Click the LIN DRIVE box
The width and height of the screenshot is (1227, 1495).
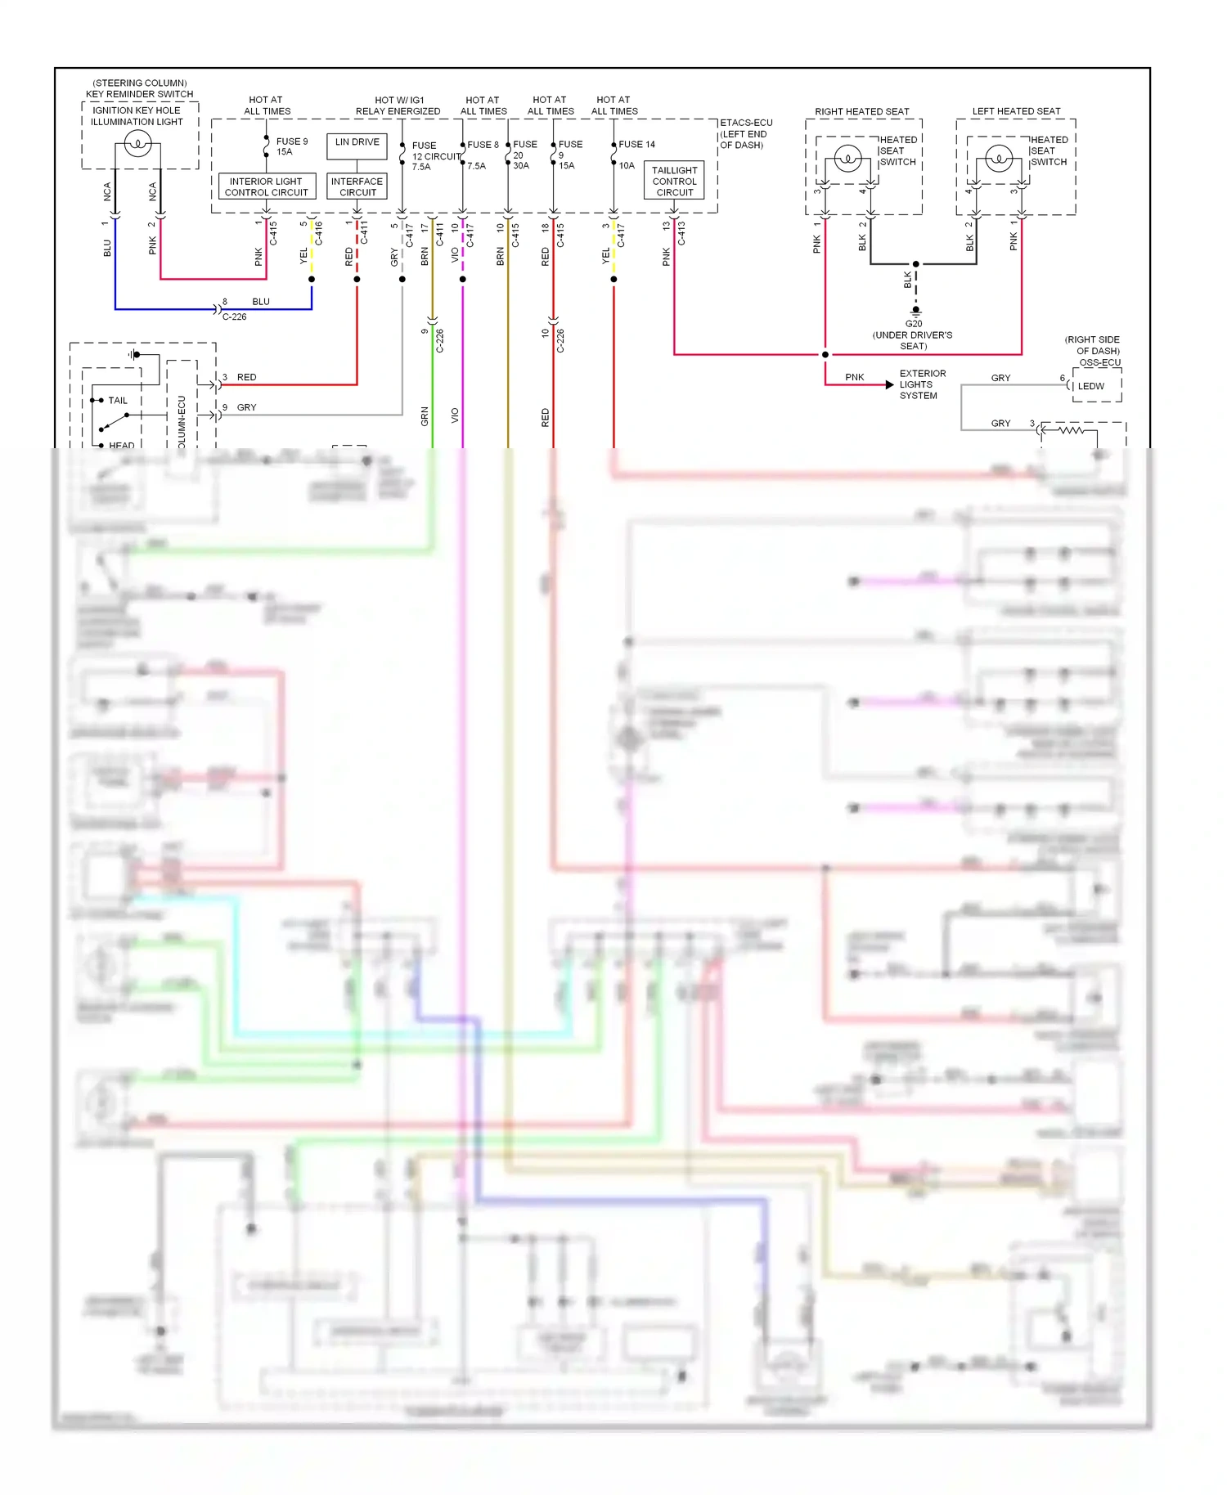tap(357, 146)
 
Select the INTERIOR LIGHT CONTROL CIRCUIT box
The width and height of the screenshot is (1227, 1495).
tap(266, 186)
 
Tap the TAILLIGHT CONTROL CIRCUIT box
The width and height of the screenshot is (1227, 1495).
tap(674, 181)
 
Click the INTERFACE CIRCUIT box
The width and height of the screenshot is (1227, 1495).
tap(357, 186)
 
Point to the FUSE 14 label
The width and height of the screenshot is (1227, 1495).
tap(636, 144)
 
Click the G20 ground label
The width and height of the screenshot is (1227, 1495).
tap(914, 324)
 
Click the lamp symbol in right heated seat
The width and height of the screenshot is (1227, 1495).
tap(848, 157)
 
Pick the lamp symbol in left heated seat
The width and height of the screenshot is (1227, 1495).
tap(999, 157)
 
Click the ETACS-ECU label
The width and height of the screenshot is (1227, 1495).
tap(745, 123)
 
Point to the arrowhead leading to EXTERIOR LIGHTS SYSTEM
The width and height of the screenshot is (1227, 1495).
tap(890, 384)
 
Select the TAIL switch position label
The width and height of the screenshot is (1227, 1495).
tap(118, 401)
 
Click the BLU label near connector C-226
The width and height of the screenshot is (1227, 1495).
tap(261, 302)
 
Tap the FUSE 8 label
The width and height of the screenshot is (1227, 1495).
tap(483, 145)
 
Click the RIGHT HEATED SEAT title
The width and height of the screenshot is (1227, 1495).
tap(861, 111)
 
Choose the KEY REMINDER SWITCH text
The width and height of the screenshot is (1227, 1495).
tap(140, 94)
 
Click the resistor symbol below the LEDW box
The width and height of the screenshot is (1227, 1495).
tap(1070, 430)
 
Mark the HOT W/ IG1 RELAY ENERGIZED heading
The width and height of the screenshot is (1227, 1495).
tap(398, 106)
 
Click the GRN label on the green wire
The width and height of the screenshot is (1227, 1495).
tap(425, 416)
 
